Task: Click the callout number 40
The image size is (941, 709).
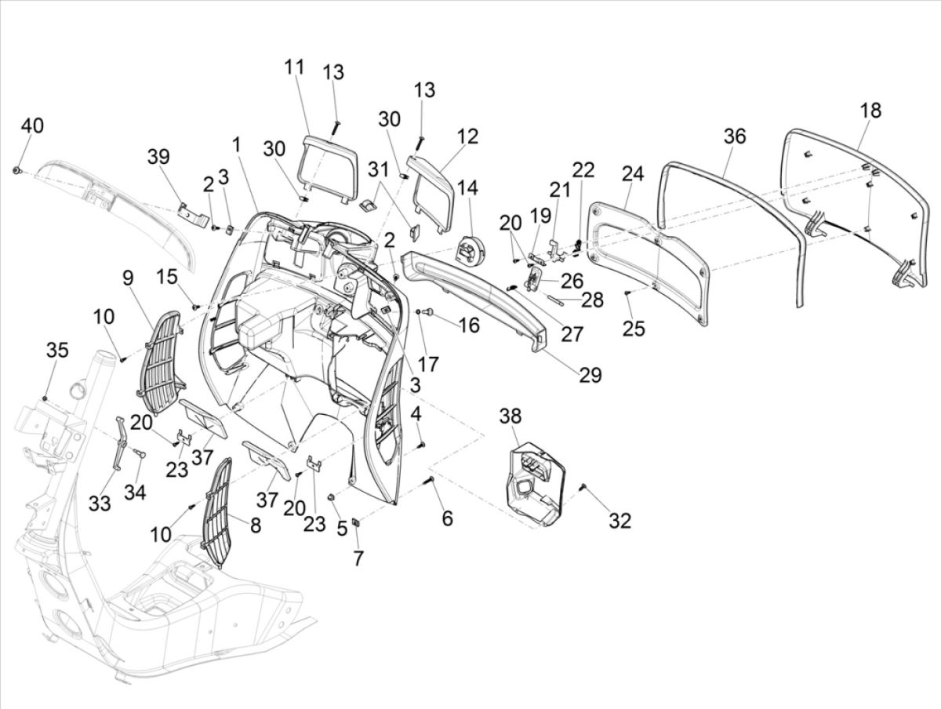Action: [32, 126]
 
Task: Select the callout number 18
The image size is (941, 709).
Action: [870, 110]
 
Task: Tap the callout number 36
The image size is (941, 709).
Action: [734, 136]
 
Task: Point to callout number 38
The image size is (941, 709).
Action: [510, 417]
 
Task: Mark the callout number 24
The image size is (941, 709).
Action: [633, 175]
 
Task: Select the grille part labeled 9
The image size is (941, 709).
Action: [162, 354]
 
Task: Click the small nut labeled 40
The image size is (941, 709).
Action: [16, 169]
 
